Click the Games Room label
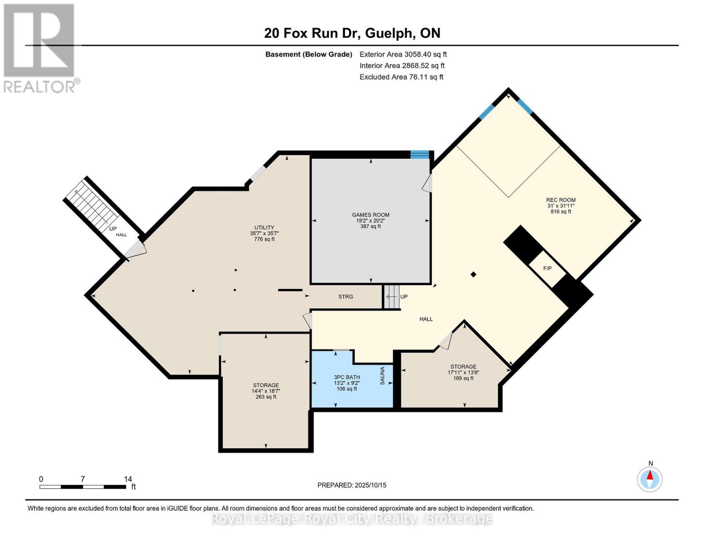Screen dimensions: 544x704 tap(370, 215)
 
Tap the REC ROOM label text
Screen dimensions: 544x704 tap(560, 200)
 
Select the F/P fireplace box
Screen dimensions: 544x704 tap(548, 268)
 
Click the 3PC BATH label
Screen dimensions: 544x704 tap(347, 377)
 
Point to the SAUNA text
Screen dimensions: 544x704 tap(382, 376)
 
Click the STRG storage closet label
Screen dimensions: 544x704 tap(345, 296)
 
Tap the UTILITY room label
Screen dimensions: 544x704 tap(264, 228)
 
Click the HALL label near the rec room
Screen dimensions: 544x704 tap(426, 319)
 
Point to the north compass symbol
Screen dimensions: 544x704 tap(650, 478)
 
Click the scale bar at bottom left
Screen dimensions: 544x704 tap(83, 487)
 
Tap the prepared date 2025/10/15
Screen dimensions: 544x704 tap(352, 485)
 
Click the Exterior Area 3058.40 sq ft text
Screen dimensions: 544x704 tap(403, 54)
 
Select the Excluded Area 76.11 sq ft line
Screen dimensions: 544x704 tap(401, 77)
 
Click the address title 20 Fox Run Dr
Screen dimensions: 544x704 tap(352, 33)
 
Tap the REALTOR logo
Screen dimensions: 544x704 tap(40, 48)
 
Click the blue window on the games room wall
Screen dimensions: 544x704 tap(419, 155)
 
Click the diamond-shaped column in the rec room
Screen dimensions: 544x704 tap(473, 274)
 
